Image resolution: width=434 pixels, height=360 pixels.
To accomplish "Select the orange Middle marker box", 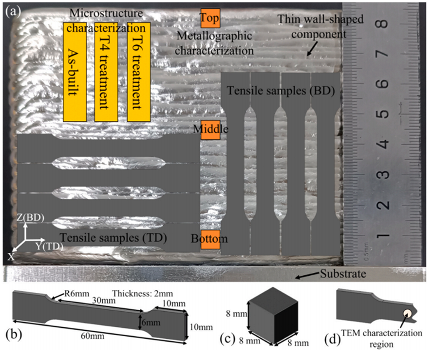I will pyautogui.click(x=210, y=129).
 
